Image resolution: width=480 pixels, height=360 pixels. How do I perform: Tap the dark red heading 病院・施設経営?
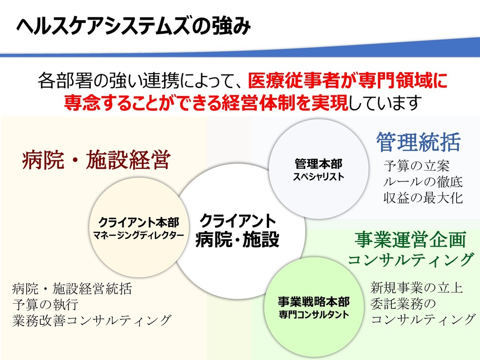tap(96, 161)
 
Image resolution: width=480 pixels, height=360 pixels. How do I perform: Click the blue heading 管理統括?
tap(419, 142)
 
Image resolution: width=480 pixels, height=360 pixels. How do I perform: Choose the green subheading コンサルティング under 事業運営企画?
tap(411, 259)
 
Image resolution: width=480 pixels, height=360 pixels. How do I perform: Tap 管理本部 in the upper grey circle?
tap(318, 165)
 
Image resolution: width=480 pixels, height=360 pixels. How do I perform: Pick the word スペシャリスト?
tap(318, 177)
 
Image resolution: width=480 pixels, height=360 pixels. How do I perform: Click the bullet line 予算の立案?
tap(417, 166)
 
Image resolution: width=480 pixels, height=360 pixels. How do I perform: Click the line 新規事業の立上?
tap(417, 287)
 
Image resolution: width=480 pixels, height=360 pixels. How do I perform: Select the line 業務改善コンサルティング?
tap(91, 320)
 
